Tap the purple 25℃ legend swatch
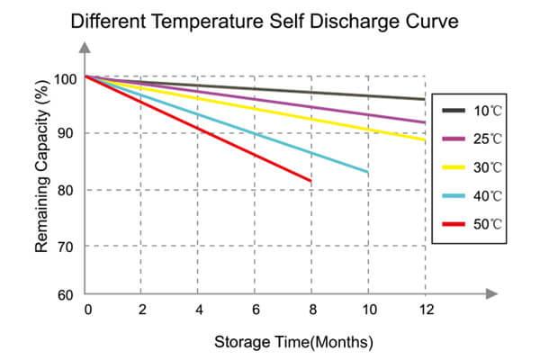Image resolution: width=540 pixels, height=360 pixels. point(454,139)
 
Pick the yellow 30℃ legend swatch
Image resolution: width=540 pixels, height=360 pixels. point(454,167)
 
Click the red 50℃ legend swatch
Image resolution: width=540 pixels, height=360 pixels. point(454,223)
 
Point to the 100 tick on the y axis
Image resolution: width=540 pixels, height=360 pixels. point(66,78)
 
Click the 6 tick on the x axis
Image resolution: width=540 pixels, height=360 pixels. point(255,310)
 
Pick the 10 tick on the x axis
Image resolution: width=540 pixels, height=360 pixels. point(368,310)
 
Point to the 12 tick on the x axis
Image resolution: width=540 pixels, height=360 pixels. point(425,310)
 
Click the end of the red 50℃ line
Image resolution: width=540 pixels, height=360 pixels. point(311,181)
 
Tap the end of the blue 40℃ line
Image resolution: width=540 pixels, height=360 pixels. point(368,171)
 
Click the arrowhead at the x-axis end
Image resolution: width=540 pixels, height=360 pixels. point(491,293)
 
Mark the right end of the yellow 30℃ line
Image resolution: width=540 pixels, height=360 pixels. point(425,139)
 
